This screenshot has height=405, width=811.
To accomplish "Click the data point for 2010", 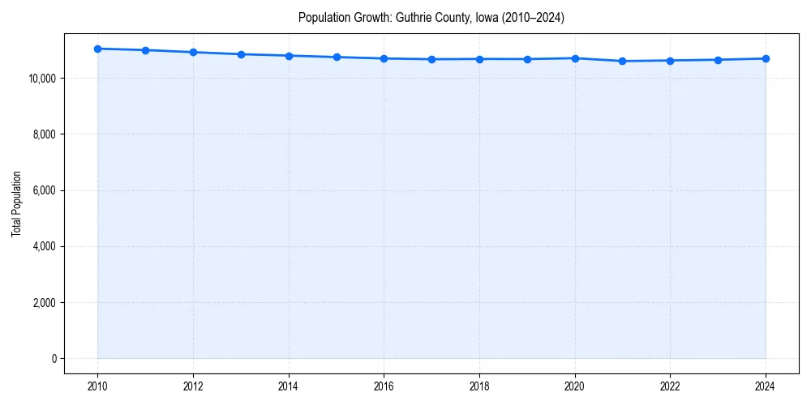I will coord(97,49).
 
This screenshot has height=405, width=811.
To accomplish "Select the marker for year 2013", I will coord(241,54).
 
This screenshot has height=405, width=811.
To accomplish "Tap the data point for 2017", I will coord(431,59).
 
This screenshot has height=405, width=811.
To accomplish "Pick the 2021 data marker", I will coord(622,61).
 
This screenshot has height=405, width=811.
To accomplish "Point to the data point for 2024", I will coord(766,58).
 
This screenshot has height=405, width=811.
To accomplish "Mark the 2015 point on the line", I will coord(337,57).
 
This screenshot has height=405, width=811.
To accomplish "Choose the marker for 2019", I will coord(527,59).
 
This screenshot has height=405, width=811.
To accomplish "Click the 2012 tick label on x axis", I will coord(193,387).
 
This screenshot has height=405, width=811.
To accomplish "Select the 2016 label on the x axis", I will coord(384,387).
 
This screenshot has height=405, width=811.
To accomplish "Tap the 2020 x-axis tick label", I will coord(575,387).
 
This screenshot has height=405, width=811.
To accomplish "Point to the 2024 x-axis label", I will coord(766,387).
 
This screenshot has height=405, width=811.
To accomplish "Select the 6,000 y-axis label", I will coord(43,190).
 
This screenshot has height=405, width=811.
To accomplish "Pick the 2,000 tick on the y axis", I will coord(43,303).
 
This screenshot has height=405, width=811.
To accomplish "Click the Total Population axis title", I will coord(16,203).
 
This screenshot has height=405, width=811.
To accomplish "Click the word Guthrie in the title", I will coord(411,17).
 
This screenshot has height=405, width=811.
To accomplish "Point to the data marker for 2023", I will coord(718,60).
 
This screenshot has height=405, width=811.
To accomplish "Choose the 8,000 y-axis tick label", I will coord(43,134).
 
